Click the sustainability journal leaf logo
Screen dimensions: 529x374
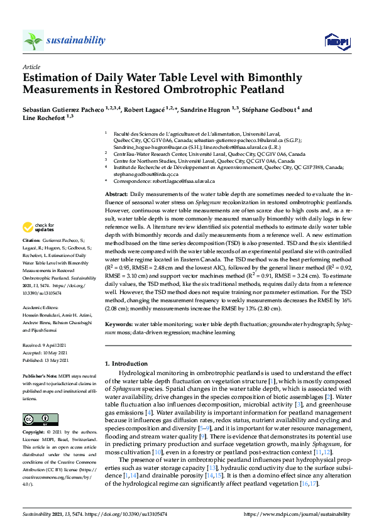coord(33,41)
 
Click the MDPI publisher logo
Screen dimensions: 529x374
coord(337,42)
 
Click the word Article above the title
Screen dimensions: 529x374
coord(31,67)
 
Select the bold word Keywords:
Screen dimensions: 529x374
coord(119,324)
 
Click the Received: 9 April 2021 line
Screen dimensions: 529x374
coord(47,346)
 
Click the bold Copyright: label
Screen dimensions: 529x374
coord(35,432)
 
